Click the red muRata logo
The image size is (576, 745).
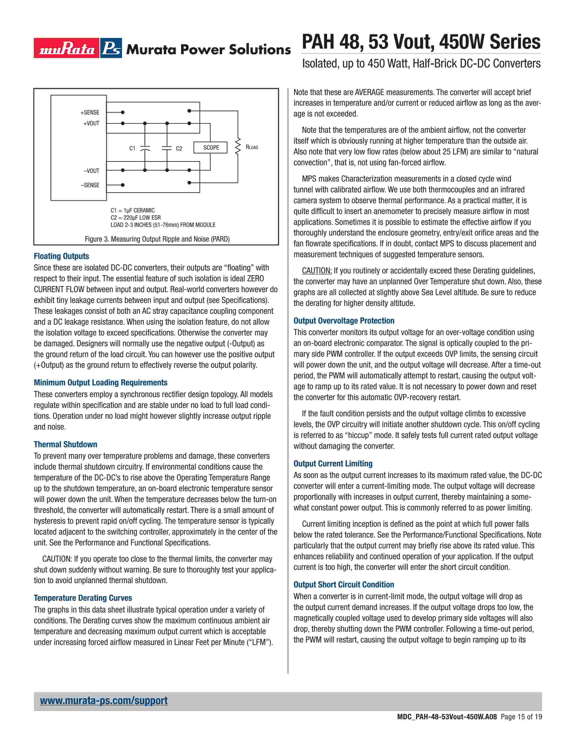point(67,48)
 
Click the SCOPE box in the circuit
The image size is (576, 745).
point(211,147)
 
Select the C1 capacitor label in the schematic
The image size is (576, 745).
point(132,148)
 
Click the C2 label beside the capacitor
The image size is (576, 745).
point(179,148)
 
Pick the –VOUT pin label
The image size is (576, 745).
point(91,170)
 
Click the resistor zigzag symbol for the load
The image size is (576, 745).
point(238,147)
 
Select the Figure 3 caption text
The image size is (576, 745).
point(157,239)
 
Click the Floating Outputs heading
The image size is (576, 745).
point(61,256)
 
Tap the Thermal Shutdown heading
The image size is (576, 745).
point(66,444)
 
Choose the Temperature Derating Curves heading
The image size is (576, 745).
point(83,598)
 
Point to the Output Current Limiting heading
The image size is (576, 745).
point(333,463)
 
